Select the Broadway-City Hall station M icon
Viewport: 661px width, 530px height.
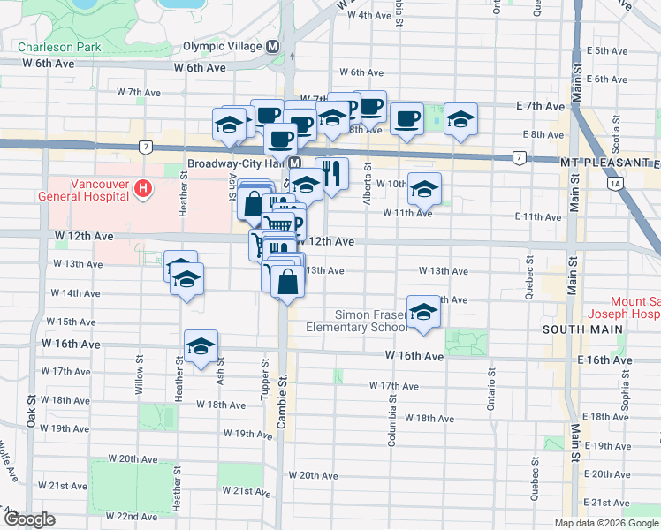pos(294,164)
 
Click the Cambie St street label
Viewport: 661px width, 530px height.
pos(284,402)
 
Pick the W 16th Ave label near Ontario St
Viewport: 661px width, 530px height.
pos(414,355)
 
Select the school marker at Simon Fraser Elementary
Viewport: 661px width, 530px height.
pos(424,313)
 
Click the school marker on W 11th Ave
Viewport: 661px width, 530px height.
pos(424,189)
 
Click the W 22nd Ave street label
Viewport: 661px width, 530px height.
pos(132,516)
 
